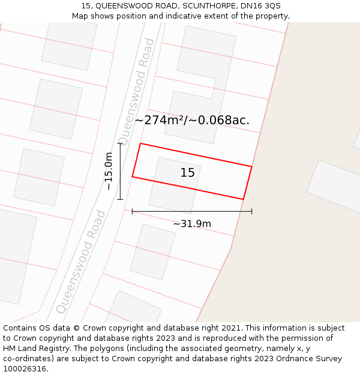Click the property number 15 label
coord(188,173)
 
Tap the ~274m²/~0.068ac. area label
coord(192,120)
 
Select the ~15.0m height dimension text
coord(109,171)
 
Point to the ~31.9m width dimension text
coord(192,224)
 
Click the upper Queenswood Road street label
coord(136,91)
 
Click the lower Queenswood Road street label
coord(81,262)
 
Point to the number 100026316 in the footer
coord(24,368)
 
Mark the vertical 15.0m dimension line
coord(120,171)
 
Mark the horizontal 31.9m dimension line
coord(192,211)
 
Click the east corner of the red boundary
coord(251,166)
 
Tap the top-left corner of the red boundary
coord(140,143)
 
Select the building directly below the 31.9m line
coord(152,252)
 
